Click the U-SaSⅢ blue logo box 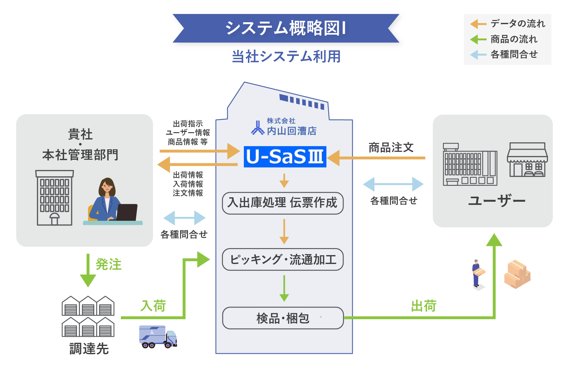coord(285,157)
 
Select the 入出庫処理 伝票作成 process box coord(283,203)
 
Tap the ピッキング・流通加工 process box coord(283,260)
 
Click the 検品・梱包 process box coord(283,318)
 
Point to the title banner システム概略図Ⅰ coord(286,28)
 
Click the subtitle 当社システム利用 coord(286,57)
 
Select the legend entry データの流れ coord(518,24)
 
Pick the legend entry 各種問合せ coord(514,55)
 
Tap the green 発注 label coord(109,264)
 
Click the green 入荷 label coord(153,306)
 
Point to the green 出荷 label coord(424,306)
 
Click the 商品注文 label coord(391,148)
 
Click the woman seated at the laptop coord(108,200)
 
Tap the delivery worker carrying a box coord(477,274)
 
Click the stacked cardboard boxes coord(517,274)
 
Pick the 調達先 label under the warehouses coord(89,349)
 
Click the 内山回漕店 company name coord(291,131)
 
